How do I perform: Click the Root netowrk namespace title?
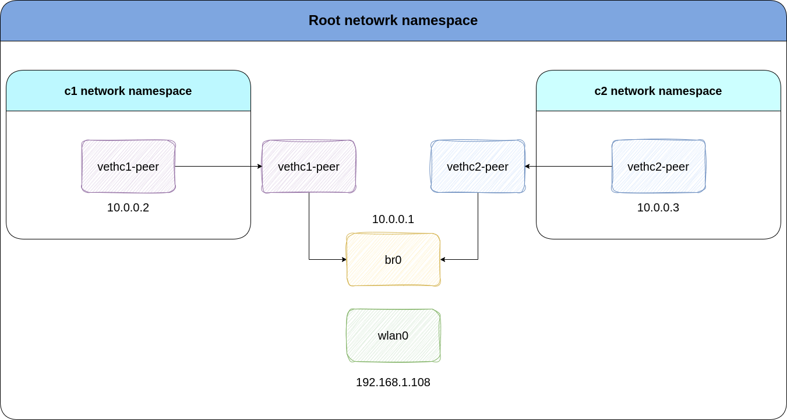tap(393, 20)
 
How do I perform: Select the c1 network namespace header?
tap(128, 91)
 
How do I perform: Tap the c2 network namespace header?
tap(658, 91)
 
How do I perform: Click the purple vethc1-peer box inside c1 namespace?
tap(128, 167)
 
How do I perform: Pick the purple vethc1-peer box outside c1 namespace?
tap(309, 167)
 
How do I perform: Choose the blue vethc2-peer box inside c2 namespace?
tap(658, 167)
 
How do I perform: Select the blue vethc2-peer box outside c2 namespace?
tap(478, 167)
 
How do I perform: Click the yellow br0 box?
tap(393, 260)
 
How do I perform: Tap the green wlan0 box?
tap(393, 336)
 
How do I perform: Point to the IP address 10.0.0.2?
tap(128, 207)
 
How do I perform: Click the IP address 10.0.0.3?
tap(658, 207)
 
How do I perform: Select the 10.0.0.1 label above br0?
tap(393, 220)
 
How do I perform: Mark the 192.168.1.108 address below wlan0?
tap(393, 383)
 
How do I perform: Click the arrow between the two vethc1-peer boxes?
tap(218, 167)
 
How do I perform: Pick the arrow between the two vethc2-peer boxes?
tap(568, 167)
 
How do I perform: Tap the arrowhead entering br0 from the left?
tap(344, 259)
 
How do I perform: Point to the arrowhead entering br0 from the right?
tap(443, 259)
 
